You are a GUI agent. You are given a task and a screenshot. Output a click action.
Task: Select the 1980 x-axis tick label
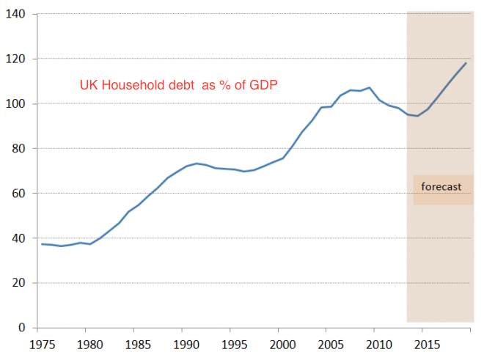coord(88,343)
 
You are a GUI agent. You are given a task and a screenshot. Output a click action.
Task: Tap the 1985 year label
coord(136,343)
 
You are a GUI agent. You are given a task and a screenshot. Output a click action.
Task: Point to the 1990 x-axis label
coord(184,343)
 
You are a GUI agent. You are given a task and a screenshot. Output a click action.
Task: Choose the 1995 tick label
coord(232,343)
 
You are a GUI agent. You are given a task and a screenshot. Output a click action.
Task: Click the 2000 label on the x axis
coord(280,343)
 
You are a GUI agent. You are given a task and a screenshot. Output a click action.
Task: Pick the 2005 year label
coord(329,343)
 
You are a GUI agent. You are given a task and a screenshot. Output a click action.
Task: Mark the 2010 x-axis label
coord(377,343)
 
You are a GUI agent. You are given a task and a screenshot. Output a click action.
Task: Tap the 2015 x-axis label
coord(425,343)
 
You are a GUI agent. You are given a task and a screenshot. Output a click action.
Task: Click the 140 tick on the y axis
coord(16,14)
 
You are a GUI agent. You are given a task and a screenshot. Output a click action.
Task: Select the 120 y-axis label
coord(16,59)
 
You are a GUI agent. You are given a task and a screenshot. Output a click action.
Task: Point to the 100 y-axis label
coord(16,103)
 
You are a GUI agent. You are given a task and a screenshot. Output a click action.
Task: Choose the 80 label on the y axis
coord(19,149)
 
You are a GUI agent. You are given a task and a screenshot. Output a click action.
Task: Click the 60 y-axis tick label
coord(19,194)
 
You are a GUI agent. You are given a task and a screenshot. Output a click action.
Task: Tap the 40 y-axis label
coord(19,238)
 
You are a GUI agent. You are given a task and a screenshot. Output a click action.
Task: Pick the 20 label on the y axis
coord(19,283)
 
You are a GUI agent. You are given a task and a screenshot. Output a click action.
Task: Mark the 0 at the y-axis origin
coord(22,328)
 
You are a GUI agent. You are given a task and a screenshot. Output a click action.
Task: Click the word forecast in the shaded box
coord(441,187)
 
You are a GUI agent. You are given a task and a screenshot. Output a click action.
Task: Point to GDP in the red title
coord(263,86)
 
